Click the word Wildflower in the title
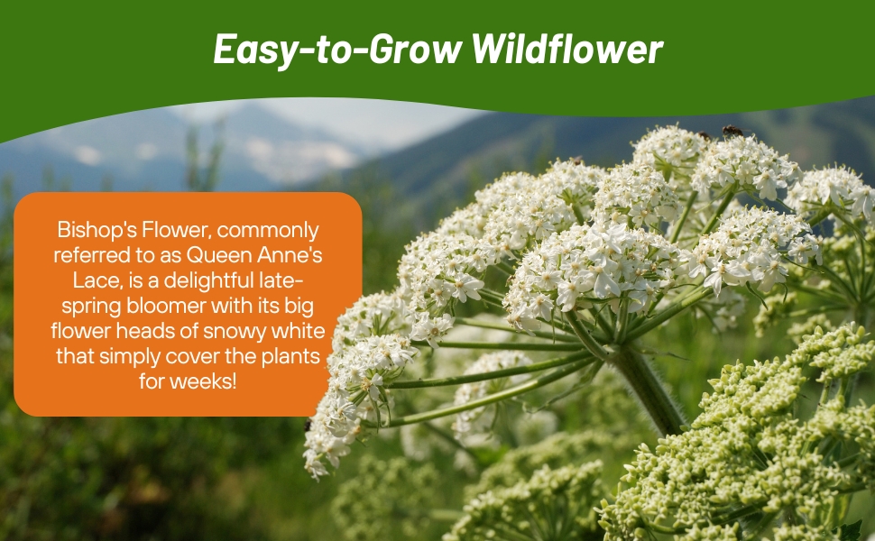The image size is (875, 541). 566,50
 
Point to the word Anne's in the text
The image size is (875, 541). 290,256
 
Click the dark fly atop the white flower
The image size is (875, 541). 732,132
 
